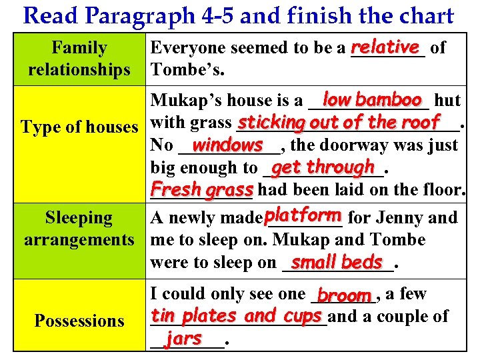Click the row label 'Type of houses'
(80, 126)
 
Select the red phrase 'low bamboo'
(372, 99)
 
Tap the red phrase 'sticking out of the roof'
(339, 123)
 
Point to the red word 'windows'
(227, 144)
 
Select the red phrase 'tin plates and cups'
(237, 315)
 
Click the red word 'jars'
(184, 338)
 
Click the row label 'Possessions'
(79, 321)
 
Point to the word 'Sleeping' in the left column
(79, 218)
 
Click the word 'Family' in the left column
(79, 48)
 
